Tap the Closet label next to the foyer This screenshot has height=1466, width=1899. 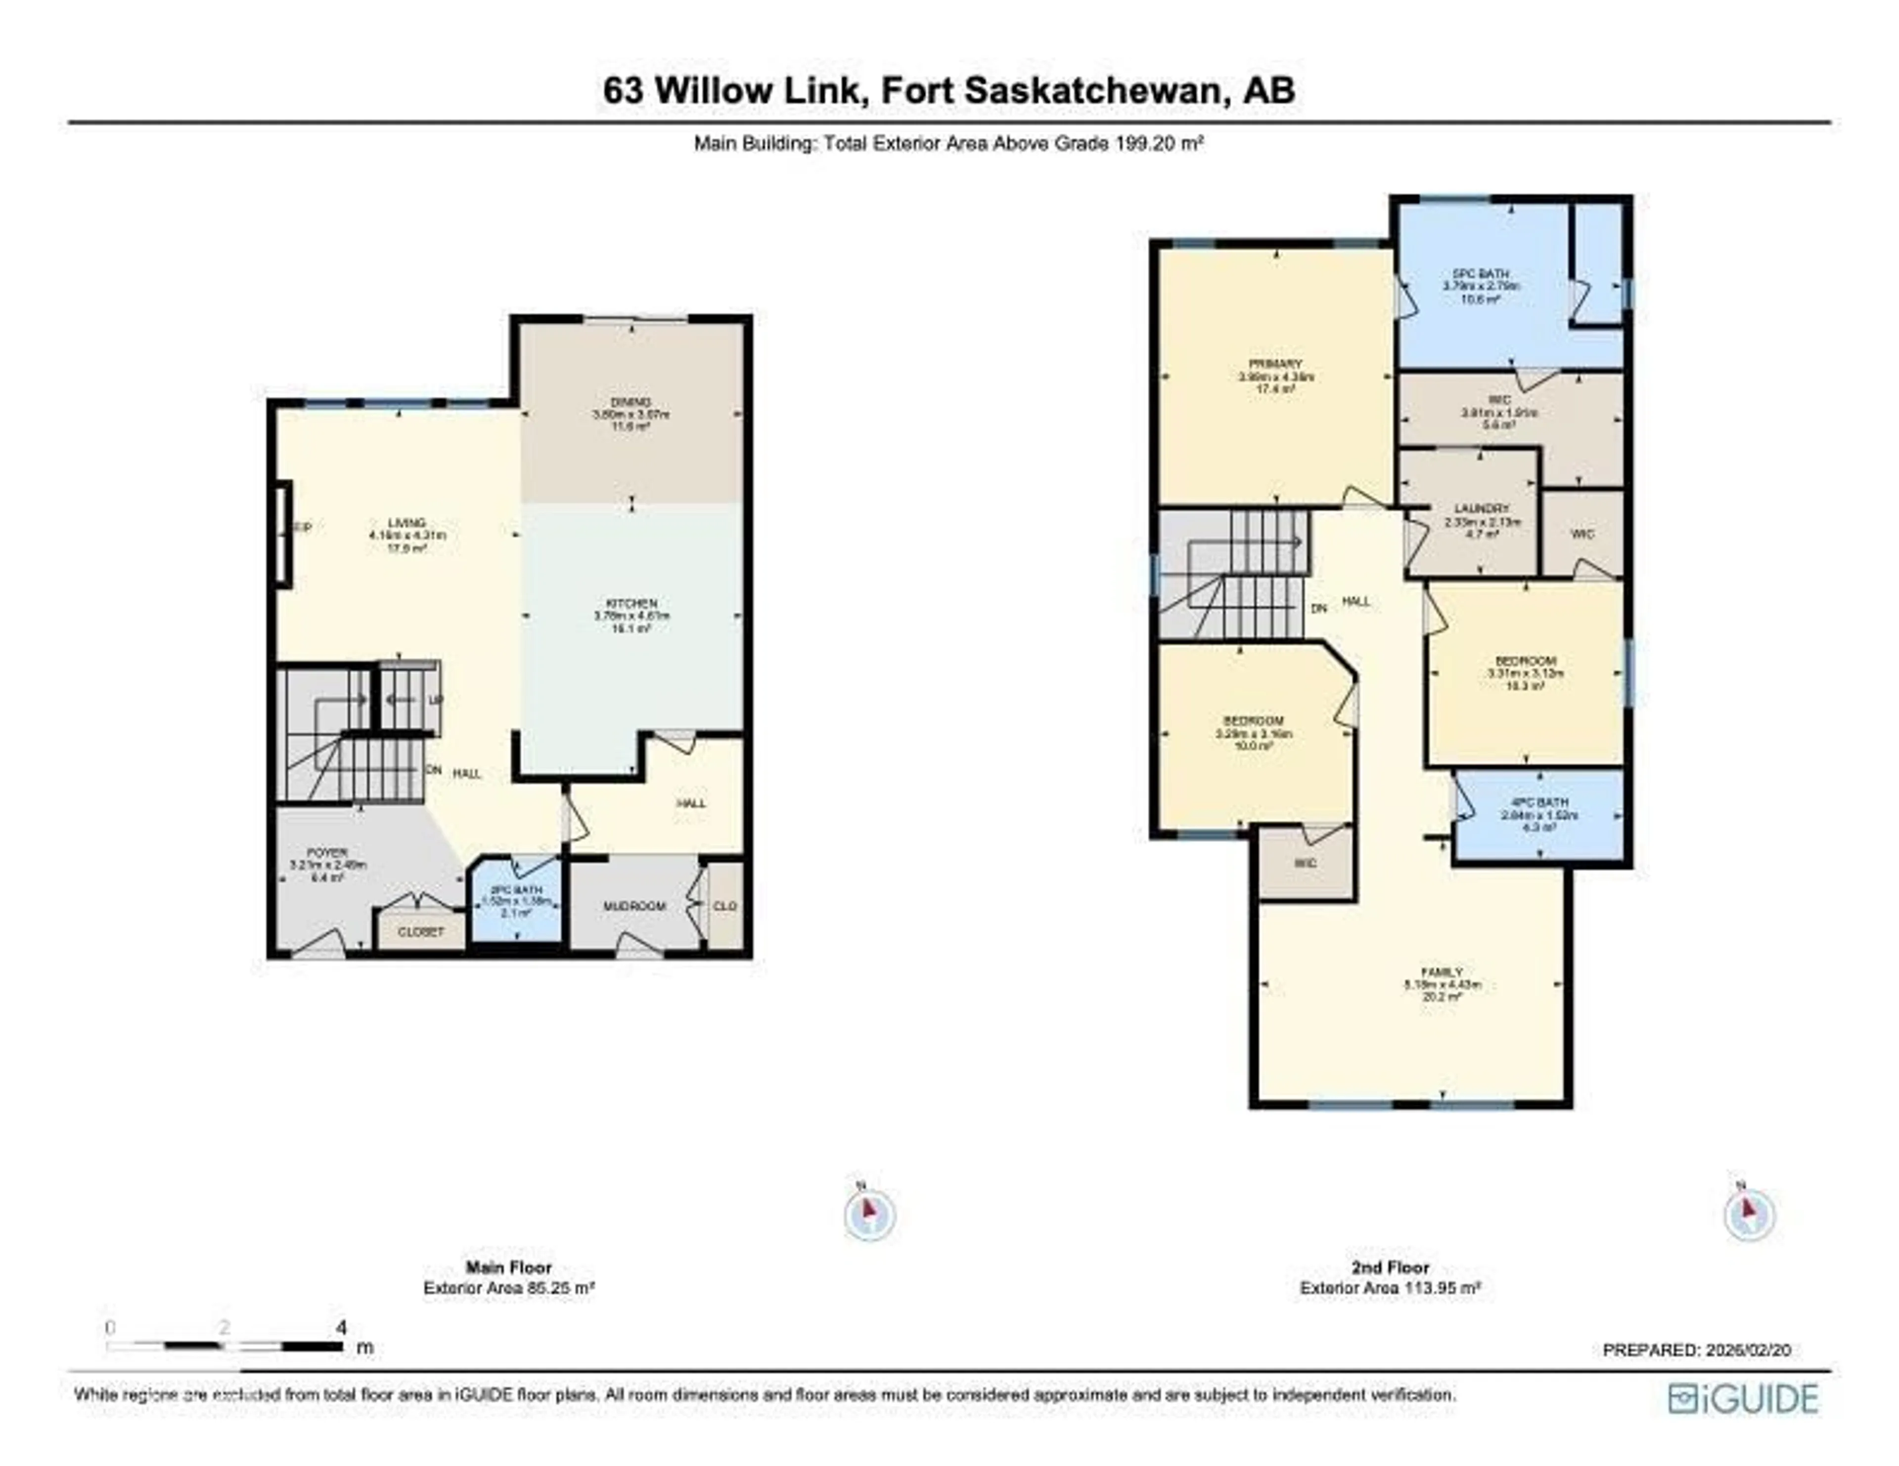[421, 931]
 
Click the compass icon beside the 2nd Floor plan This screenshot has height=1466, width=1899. [1750, 1214]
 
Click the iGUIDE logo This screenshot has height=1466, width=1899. [1743, 1398]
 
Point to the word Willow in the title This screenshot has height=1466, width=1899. [755, 90]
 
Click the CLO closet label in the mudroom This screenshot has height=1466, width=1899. [724, 906]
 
